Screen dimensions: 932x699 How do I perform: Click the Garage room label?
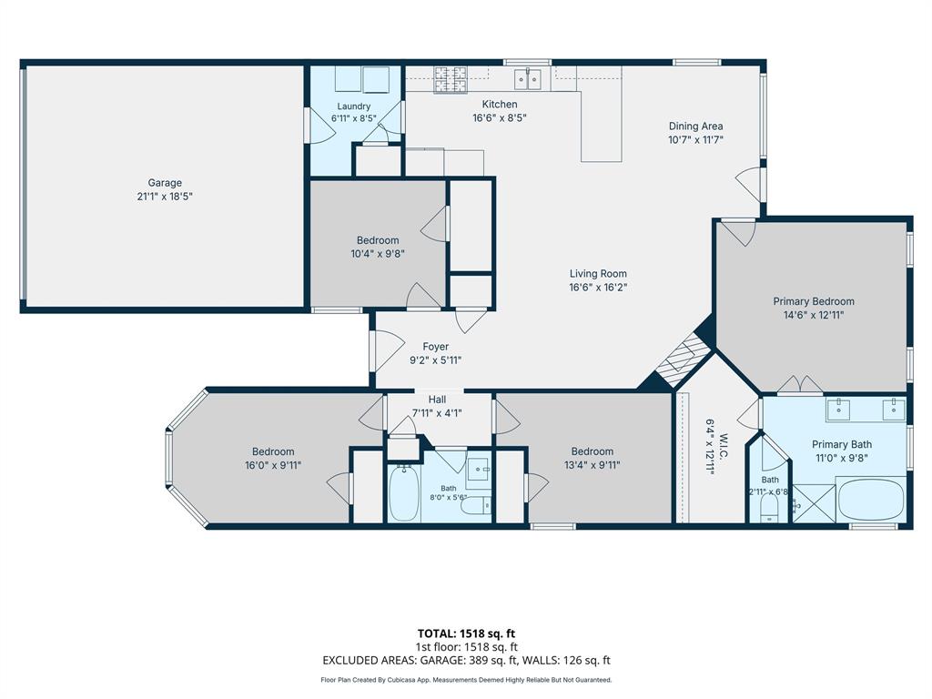165,183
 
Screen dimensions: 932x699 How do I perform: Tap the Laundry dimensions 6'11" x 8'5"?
354,118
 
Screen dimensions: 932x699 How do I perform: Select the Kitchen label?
500,104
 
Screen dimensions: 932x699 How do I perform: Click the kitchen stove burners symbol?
450,80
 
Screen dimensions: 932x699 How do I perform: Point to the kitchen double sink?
528,78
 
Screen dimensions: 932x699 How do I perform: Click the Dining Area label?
695,126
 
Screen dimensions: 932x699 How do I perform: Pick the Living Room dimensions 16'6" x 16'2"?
598,287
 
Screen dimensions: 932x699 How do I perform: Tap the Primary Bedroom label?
814,301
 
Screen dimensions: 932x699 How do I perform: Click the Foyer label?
436,347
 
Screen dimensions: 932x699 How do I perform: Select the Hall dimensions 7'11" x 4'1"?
437,412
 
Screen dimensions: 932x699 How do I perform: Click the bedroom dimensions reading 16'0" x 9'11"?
273,465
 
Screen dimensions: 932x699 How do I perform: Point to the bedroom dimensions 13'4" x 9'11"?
592,465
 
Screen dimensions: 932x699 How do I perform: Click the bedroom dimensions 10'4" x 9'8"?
378,254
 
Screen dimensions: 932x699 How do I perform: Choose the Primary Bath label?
842,444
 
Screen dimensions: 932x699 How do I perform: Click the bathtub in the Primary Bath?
871,500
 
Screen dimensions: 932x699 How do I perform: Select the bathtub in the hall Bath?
404,493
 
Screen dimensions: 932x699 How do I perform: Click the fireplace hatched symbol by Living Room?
682,360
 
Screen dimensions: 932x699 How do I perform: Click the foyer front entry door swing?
388,351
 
